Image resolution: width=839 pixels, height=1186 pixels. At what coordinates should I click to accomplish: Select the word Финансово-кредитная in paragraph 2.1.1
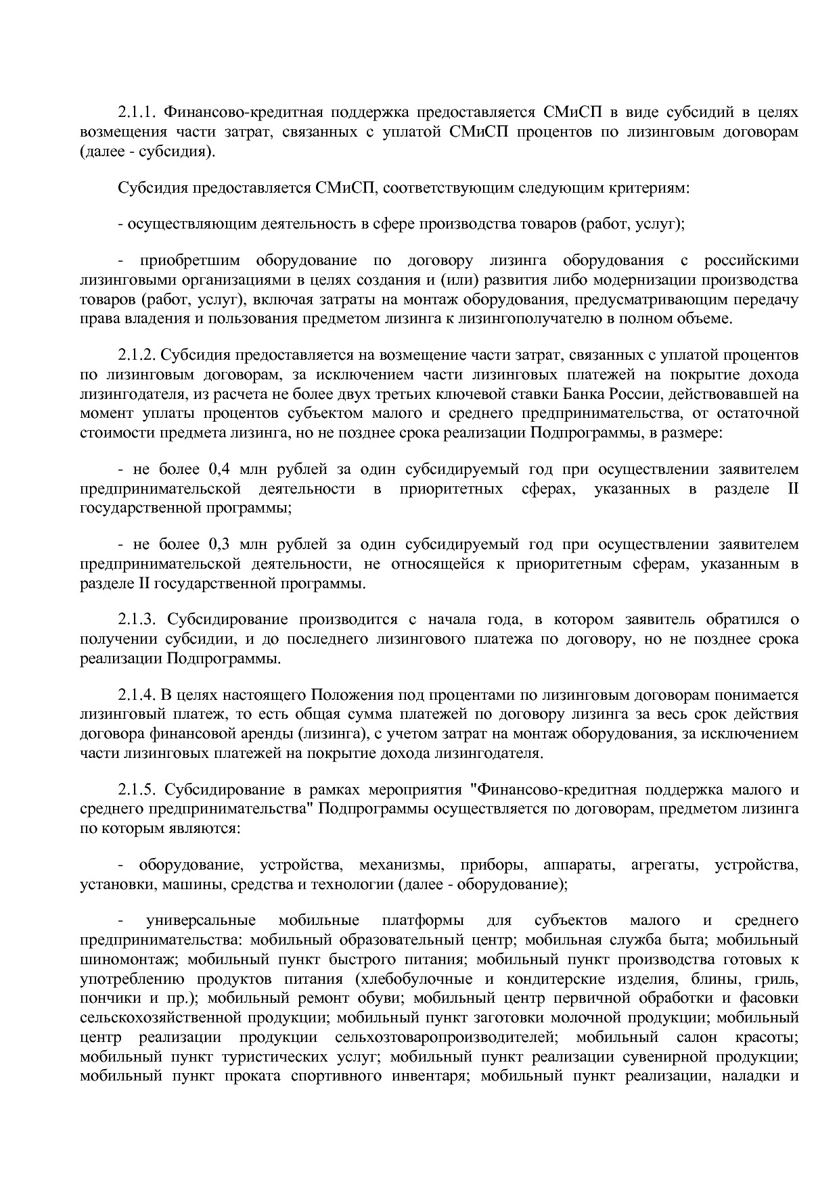tap(240, 112)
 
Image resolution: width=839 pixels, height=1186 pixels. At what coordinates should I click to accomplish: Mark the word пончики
tap(106, 999)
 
